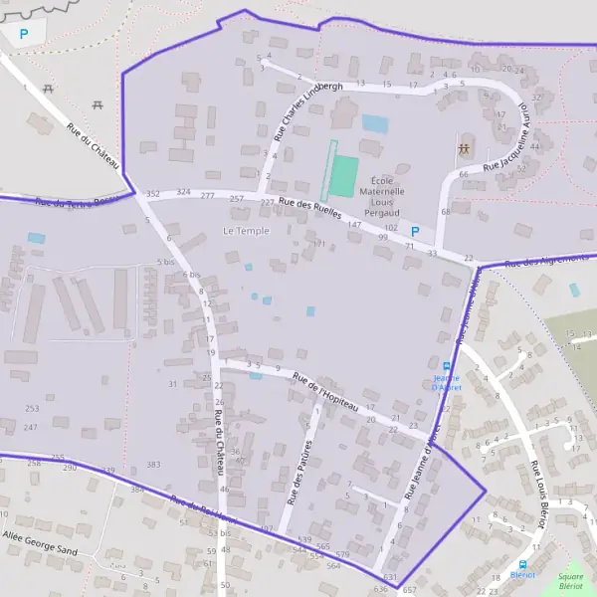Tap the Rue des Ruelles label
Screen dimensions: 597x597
(x=310, y=209)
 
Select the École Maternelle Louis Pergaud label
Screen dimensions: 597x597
(x=382, y=196)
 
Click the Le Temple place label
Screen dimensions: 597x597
(x=239, y=231)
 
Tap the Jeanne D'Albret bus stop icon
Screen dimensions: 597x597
(x=444, y=368)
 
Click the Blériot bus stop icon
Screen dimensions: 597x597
(x=522, y=563)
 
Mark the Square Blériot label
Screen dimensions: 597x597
(x=571, y=582)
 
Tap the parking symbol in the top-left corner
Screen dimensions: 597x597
(x=24, y=34)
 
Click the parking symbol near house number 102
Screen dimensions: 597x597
(x=415, y=232)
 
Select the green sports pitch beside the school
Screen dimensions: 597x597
(x=342, y=176)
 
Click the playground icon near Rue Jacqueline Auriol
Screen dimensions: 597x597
(x=463, y=148)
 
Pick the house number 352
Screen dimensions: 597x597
(x=152, y=193)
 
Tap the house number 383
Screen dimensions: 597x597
(x=152, y=465)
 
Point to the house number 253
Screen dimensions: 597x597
(x=32, y=409)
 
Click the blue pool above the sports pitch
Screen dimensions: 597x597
(x=375, y=123)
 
